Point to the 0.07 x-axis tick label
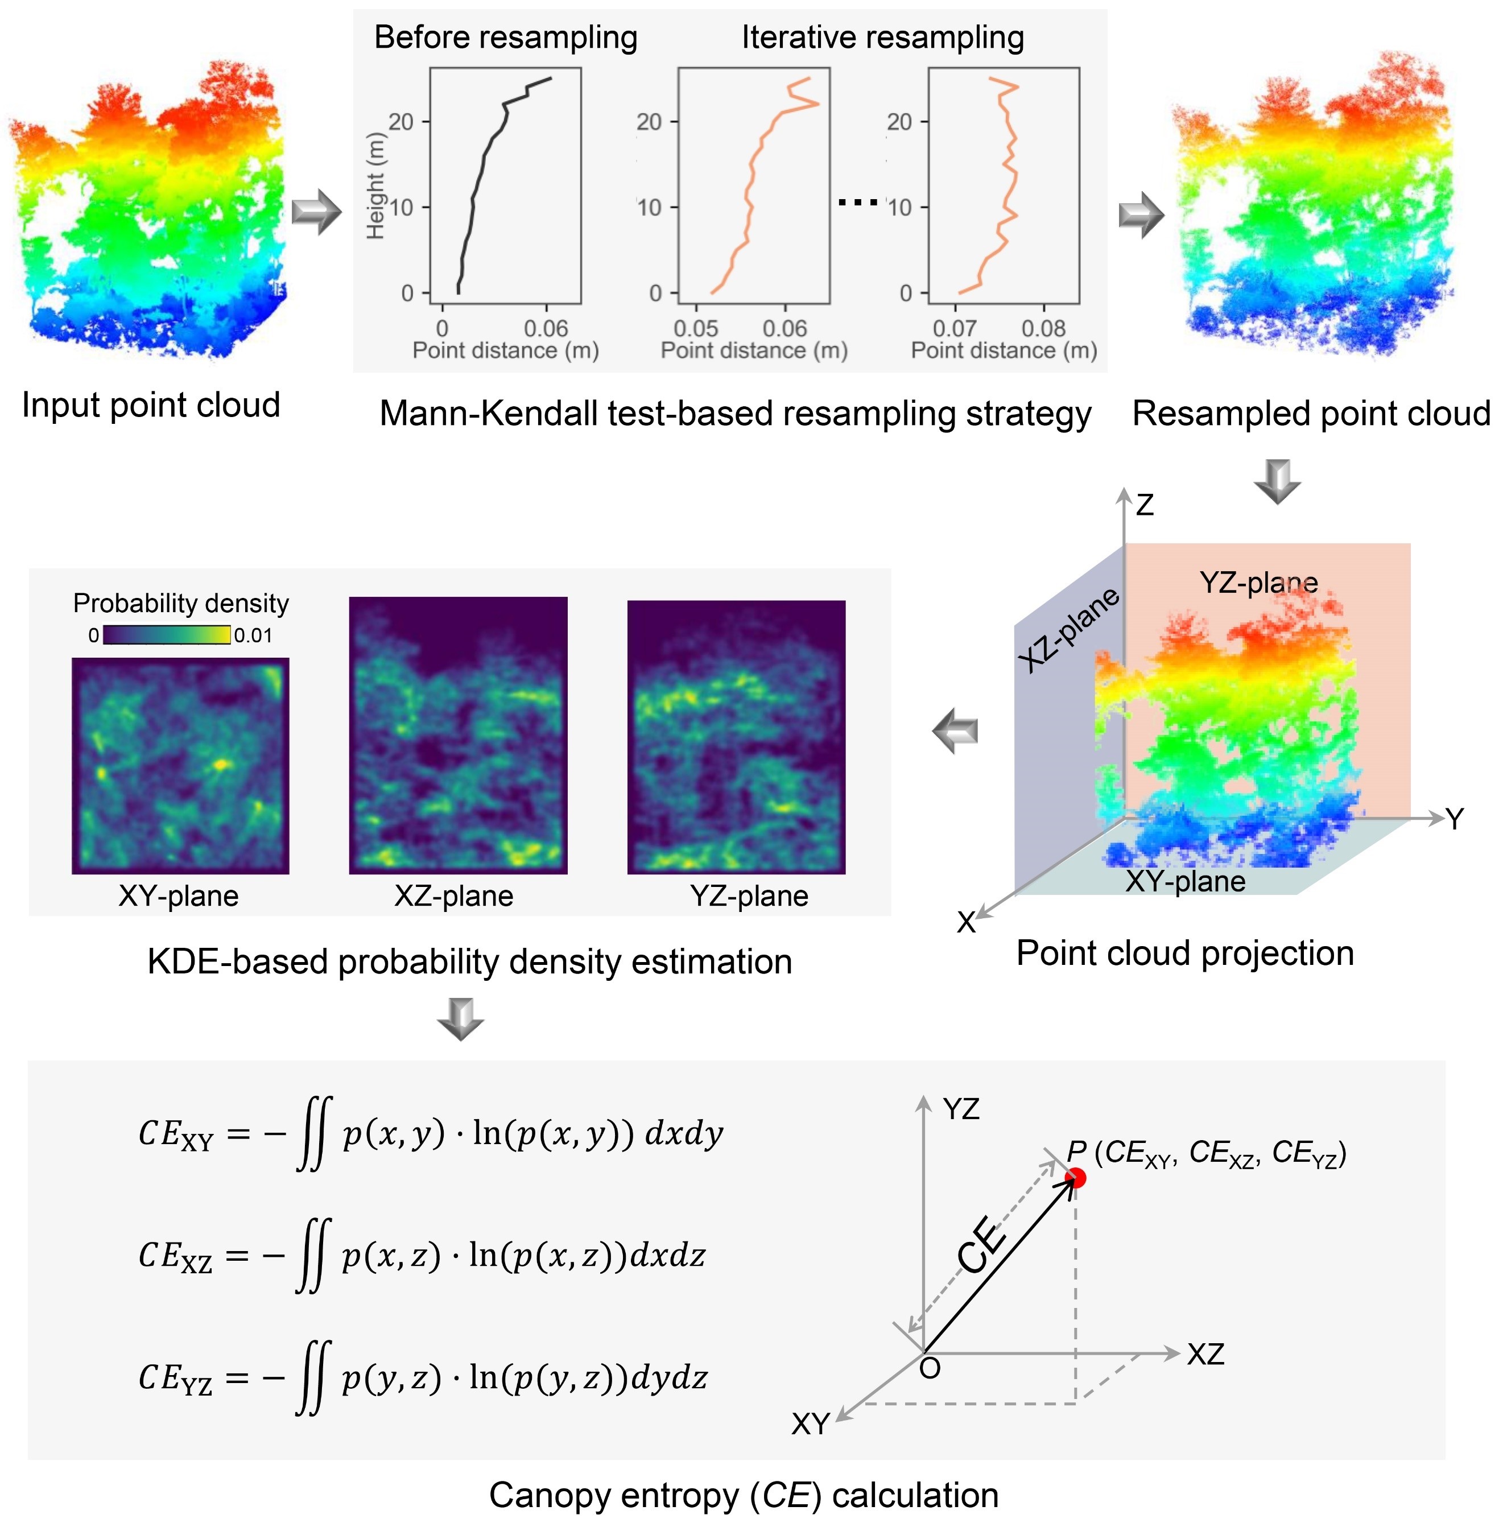(955, 328)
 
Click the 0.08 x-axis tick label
(1043, 328)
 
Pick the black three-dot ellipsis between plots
(857, 203)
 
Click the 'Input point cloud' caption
(151, 405)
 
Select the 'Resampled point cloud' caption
(1310, 413)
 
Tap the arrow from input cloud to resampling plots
(316, 212)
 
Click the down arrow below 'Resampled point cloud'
(1277, 481)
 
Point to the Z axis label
(1145, 505)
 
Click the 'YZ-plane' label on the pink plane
(1258, 583)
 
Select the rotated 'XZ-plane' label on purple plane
(1068, 629)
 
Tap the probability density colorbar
(167, 635)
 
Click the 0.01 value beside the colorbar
(253, 635)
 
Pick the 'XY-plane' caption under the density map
(179, 895)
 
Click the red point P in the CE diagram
(1075, 1178)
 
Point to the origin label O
(930, 1368)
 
